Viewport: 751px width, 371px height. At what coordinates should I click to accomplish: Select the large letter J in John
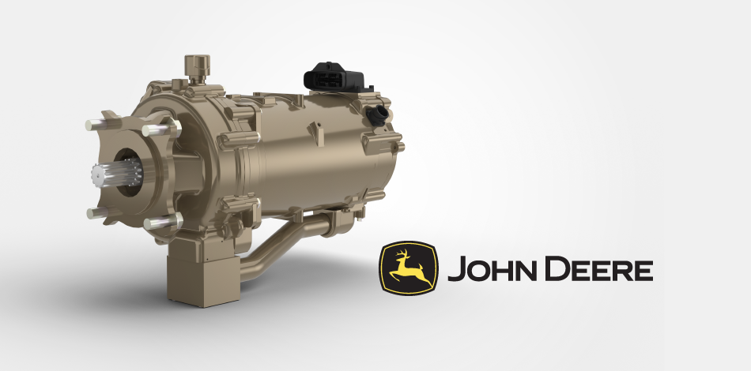click(455, 270)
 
